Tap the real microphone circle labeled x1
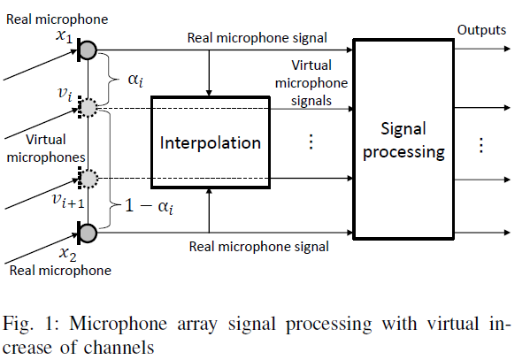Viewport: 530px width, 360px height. pyautogui.click(x=88, y=50)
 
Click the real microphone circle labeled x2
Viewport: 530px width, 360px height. pyautogui.click(x=88, y=233)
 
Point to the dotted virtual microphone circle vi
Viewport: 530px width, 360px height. pyautogui.click(x=88, y=108)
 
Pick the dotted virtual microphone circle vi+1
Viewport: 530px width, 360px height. pyautogui.click(x=88, y=178)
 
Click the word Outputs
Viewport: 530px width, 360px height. pyautogui.click(x=481, y=30)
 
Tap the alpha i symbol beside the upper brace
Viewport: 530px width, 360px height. pyautogui.click(x=135, y=80)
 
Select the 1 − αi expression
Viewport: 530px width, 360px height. pyautogui.click(x=149, y=206)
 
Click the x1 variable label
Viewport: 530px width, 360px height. pyautogui.click(x=65, y=36)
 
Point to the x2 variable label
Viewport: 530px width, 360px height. pyautogui.click(x=67, y=254)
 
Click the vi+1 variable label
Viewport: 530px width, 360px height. pyautogui.click(x=68, y=200)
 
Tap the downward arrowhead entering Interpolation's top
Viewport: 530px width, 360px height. pyautogui.click(x=209, y=93)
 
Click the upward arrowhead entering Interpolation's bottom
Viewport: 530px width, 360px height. pyautogui.click(x=209, y=192)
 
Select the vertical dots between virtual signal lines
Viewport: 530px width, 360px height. pyautogui.click(x=311, y=142)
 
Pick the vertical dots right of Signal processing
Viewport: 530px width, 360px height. pyautogui.click(x=481, y=145)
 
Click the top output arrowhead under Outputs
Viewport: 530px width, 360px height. pyautogui.click(x=507, y=49)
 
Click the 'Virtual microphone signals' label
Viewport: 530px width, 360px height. pyautogui.click(x=311, y=83)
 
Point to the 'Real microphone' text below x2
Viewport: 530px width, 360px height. pyautogui.click(x=60, y=271)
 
